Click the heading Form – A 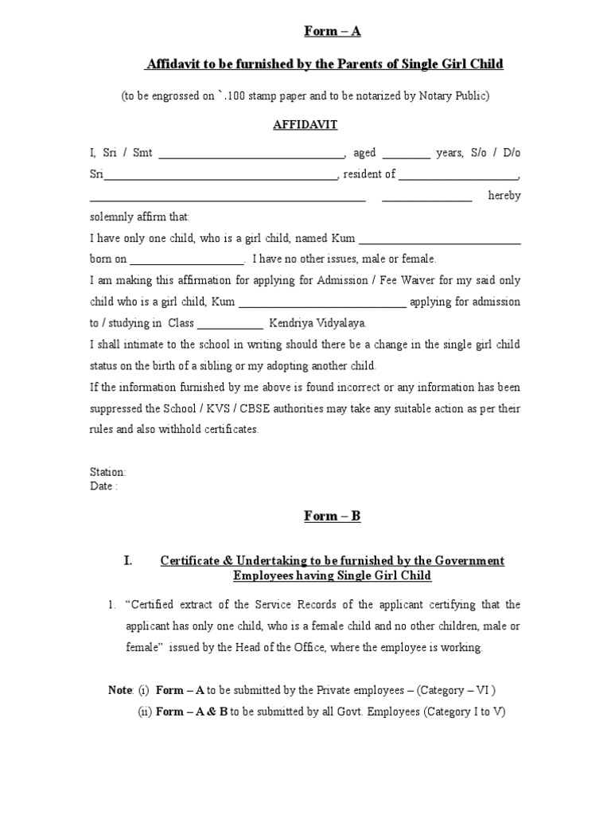pos(333,31)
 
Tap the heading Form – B pos(333,516)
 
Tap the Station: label pos(107,472)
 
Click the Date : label pos(103,486)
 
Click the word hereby pos(504,197)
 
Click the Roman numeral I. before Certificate pos(128,561)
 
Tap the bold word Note pos(121,690)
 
